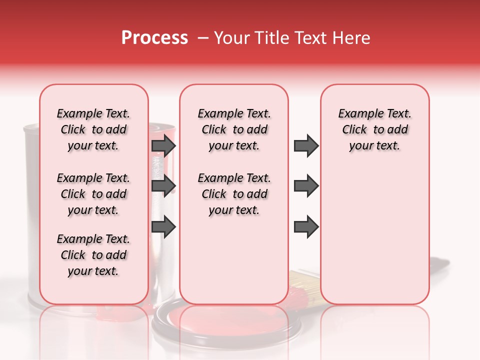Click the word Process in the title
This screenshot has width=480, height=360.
(154, 38)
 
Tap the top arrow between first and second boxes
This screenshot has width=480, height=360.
(163, 145)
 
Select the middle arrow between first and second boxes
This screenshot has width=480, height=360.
(163, 186)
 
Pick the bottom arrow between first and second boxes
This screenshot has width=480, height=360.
(163, 226)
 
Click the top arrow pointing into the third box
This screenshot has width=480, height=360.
(306, 145)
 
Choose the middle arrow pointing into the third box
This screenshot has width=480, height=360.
(306, 186)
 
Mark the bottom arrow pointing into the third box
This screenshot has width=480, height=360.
(306, 226)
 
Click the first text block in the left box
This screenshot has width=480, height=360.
(93, 129)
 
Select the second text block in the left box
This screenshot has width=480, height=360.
(93, 194)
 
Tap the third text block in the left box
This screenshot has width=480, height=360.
(93, 255)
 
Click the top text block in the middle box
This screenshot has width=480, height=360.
(234, 129)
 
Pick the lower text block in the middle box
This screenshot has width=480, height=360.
(234, 194)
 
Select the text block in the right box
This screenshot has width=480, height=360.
(374, 129)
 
